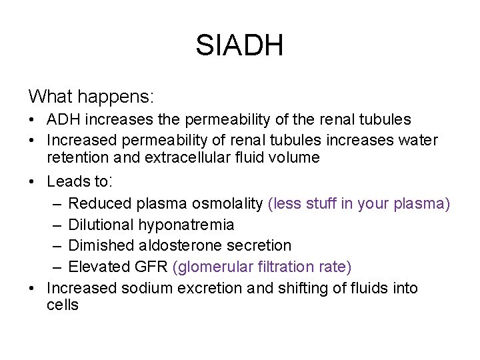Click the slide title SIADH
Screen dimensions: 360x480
pyautogui.click(x=240, y=46)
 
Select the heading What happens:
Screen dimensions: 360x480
pyautogui.click(x=91, y=97)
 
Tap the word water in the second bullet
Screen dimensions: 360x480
pyautogui.click(x=420, y=141)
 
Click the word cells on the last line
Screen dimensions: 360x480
pyautogui.click(x=63, y=305)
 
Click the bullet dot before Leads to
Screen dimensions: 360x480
pyautogui.click(x=32, y=181)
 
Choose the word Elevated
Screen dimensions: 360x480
pyautogui.click(x=97, y=267)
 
